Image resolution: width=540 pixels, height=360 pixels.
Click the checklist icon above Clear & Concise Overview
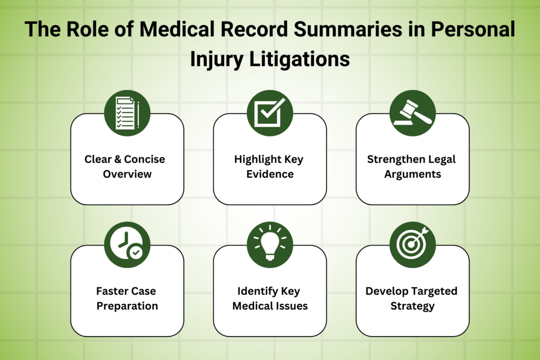point(127,113)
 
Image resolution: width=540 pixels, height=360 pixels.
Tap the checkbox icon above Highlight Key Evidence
point(270,113)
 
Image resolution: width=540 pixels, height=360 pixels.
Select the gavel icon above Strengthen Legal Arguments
point(412,113)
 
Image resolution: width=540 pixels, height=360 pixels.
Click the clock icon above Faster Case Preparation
point(127,245)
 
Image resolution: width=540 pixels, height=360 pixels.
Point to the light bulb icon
point(270,245)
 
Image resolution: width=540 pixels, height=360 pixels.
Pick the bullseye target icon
point(412,245)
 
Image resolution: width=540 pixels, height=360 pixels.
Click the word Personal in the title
point(471,30)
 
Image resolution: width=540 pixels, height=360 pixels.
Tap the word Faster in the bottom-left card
point(111,291)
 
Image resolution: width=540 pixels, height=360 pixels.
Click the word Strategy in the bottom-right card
point(412,305)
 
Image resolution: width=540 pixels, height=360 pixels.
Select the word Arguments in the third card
point(412,173)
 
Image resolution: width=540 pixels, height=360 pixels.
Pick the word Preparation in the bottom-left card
point(127,305)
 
